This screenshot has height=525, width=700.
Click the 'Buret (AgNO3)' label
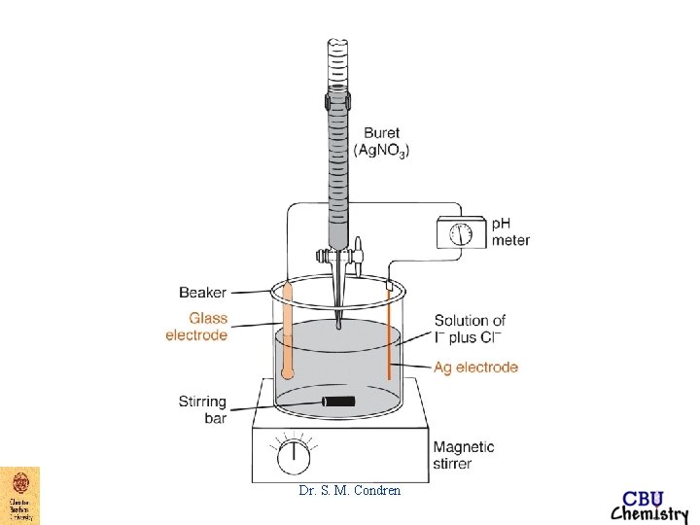pyautogui.click(x=382, y=142)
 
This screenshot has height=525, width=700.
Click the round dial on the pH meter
pyautogui.click(x=463, y=234)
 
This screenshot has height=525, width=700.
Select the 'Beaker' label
pyautogui.click(x=204, y=290)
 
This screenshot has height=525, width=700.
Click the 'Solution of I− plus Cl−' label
pyautogui.click(x=470, y=328)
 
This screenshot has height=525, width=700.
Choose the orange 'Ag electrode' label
pyautogui.click(x=475, y=367)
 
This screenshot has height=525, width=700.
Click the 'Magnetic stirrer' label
pyautogui.click(x=464, y=455)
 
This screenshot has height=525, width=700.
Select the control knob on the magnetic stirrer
pyautogui.click(x=290, y=456)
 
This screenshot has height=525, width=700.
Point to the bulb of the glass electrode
pyautogui.click(x=286, y=371)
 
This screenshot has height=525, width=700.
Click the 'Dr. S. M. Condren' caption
pyautogui.click(x=349, y=491)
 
